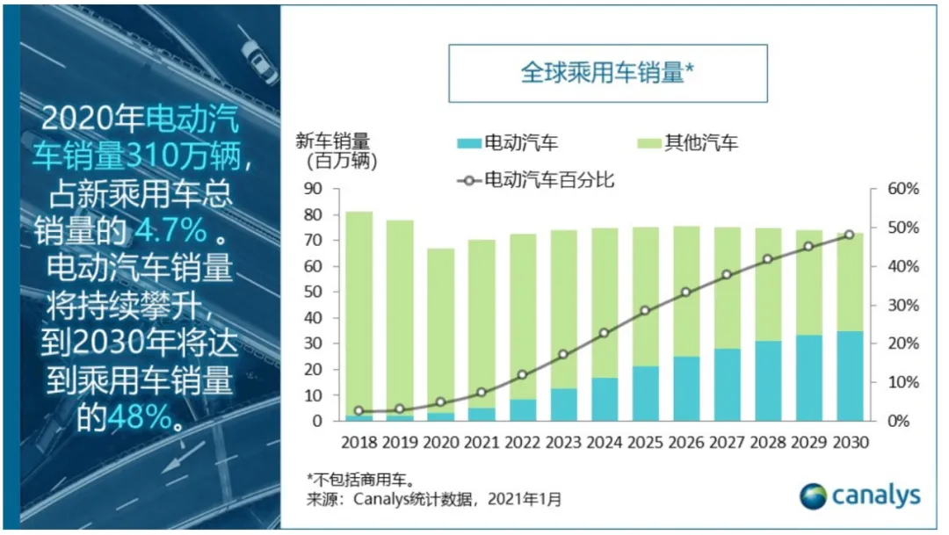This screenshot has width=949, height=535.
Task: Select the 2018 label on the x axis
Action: [359, 443]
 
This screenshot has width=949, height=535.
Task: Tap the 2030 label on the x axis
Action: [849, 443]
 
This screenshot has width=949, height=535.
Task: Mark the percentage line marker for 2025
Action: [645, 311]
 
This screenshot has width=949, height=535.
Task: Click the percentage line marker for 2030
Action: [849, 235]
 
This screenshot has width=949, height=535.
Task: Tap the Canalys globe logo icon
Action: [814, 496]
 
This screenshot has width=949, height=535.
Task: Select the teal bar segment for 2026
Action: [685, 388]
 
